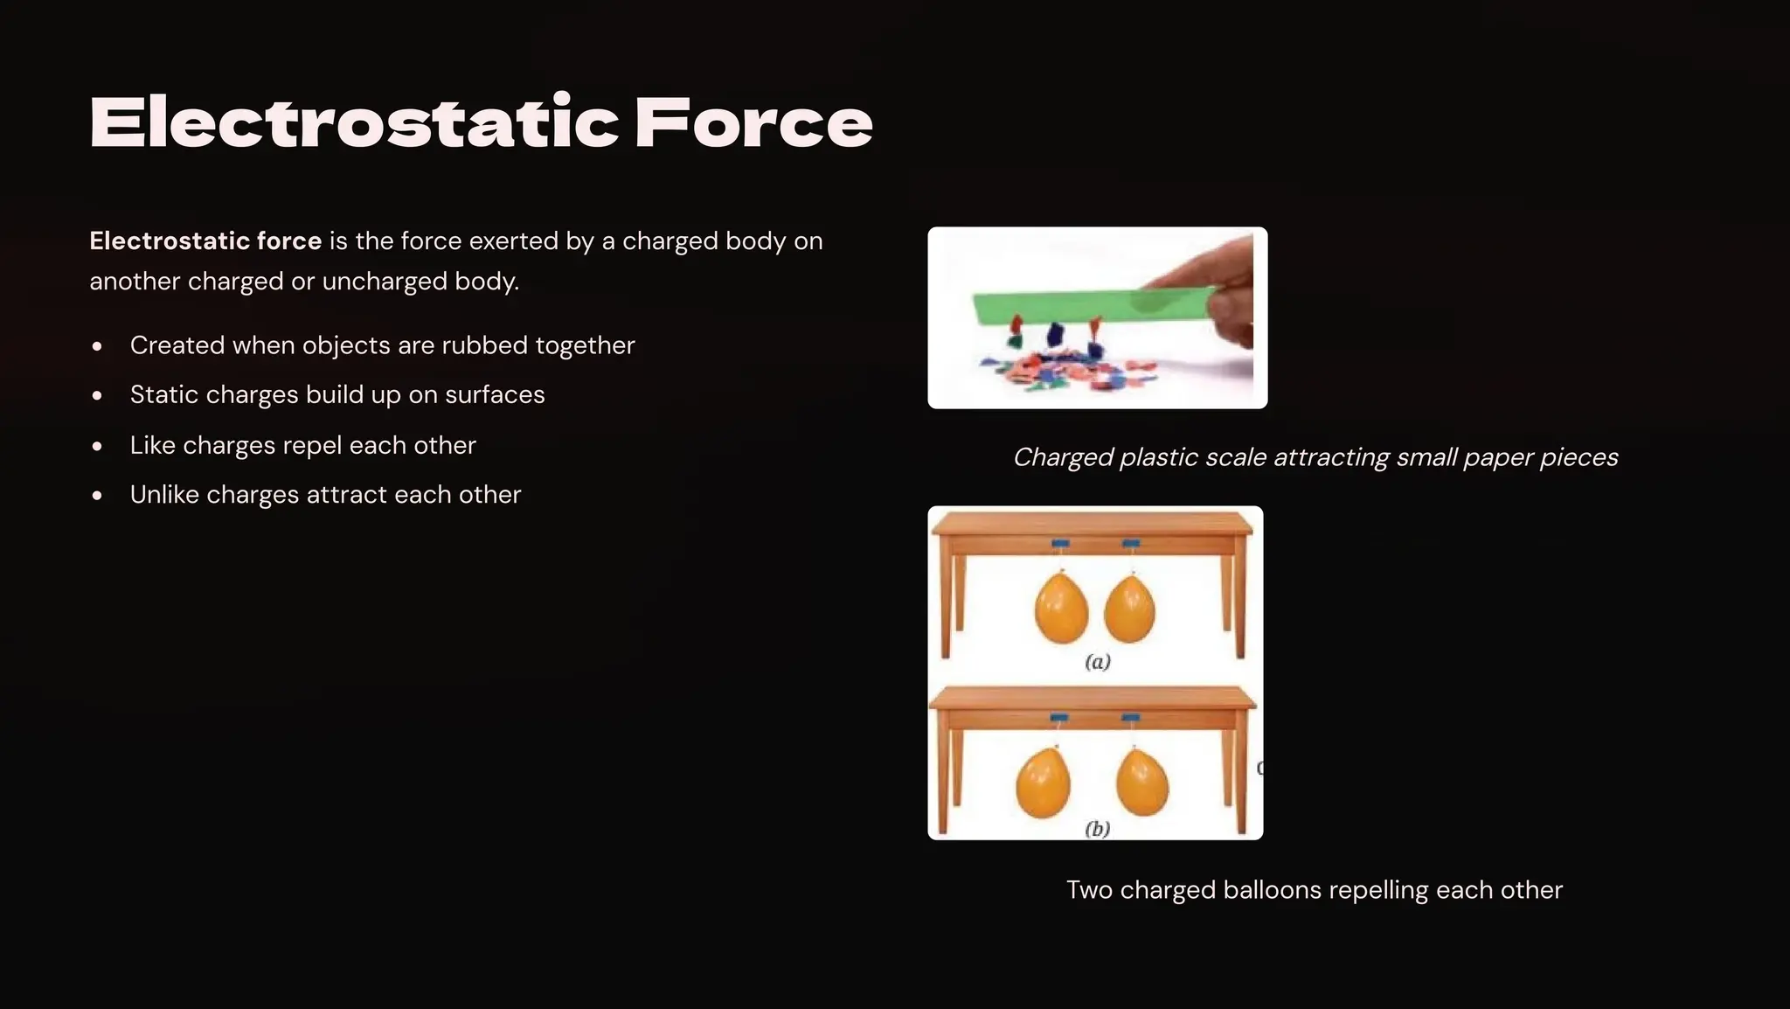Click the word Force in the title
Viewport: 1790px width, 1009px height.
coord(753,122)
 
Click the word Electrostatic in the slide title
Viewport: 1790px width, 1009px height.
coord(354,122)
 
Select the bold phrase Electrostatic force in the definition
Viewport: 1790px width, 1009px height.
coord(205,240)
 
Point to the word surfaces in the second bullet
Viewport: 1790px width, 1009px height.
coord(495,395)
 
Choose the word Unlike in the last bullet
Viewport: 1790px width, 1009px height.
coord(164,495)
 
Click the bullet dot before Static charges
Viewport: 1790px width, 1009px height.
coord(97,396)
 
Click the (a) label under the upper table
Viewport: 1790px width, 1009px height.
coord(1098,662)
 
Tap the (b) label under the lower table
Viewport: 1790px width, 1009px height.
coord(1098,828)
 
